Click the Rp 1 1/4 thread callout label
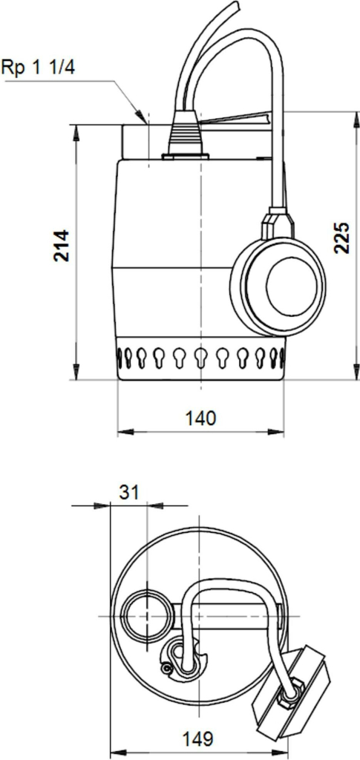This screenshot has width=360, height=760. point(39,66)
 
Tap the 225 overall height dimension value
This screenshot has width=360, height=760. point(341,237)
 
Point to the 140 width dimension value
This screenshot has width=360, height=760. point(200,418)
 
